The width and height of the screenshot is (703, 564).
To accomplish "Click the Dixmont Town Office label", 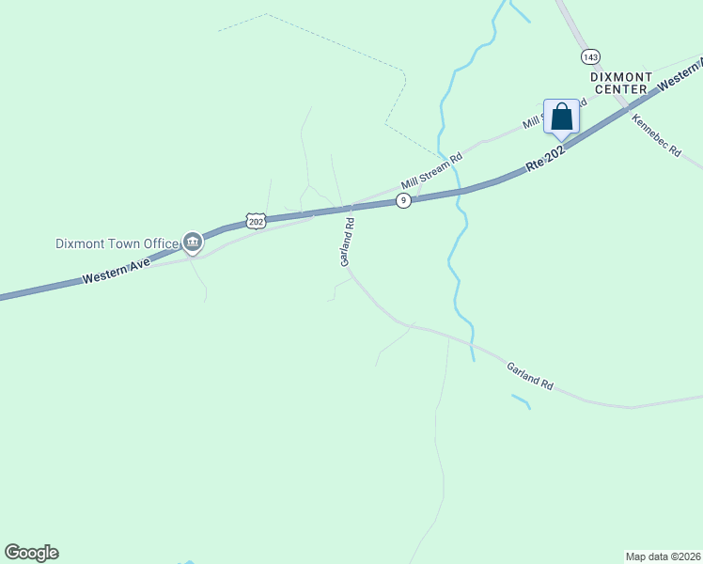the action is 117,243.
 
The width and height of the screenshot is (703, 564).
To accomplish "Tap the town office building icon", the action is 192,243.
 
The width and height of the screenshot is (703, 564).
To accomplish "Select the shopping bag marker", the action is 562,117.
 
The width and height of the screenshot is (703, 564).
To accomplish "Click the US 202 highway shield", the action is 257,221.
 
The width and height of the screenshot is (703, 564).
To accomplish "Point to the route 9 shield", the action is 403,200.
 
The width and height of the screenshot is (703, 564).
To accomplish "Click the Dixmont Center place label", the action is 619,83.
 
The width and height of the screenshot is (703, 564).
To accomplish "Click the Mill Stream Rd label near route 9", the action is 432,171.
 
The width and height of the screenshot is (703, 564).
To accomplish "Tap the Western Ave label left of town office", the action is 117,272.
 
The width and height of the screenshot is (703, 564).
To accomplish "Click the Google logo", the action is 31,553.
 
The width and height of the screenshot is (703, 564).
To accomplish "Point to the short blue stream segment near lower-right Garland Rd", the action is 521,400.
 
